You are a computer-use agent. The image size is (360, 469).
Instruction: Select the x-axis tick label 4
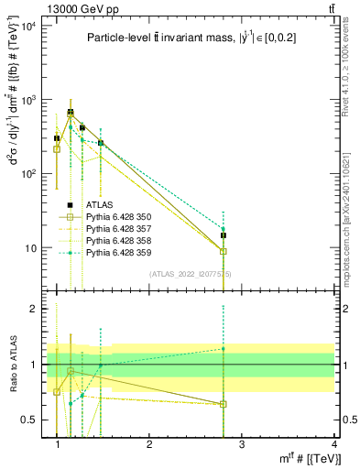pyautogui.click(x=333, y=443)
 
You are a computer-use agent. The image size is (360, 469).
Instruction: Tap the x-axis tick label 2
pyautogui.click(x=149, y=443)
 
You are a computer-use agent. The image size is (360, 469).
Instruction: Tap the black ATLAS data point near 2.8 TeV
pyautogui.click(x=224, y=235)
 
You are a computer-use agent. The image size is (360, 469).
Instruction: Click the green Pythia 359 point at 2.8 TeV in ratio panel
pyautogui.click(x=224, y=348)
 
